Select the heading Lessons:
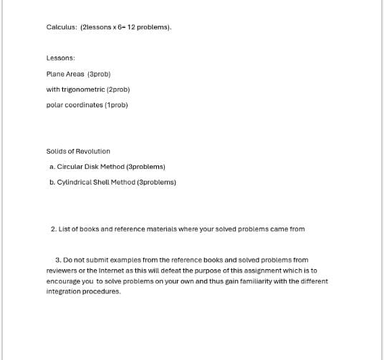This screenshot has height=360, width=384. click(61, 58)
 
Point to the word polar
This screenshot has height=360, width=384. click(54, 104)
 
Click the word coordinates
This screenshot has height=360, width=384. click(84, 104)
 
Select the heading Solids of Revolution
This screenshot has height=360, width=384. click(78, 151)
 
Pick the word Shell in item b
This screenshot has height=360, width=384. click(106, 182)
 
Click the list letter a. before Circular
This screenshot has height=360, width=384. click(52, 166)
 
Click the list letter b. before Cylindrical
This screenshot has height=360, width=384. click(52, 182)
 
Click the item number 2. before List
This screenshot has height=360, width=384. click(54, 229)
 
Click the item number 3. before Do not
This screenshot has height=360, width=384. click(58, 261)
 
